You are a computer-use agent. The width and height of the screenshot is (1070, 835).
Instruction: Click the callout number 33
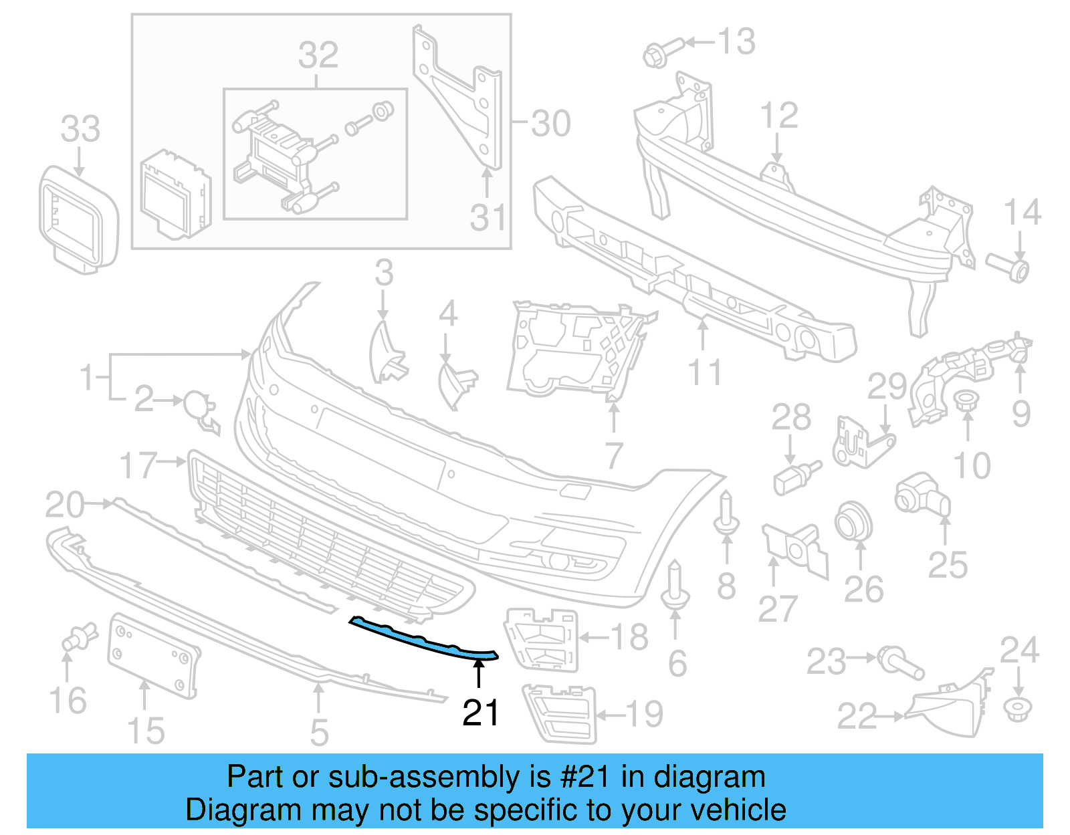click(80, 129)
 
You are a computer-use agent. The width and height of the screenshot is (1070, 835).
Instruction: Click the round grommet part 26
click(853, 521)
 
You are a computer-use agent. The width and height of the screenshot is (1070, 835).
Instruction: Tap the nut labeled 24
click(1017, 708)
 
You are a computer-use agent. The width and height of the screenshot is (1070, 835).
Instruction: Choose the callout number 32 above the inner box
click(318, 55)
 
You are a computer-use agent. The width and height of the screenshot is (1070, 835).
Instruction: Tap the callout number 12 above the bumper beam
click(779, 116)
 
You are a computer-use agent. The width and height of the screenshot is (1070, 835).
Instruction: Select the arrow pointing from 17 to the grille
click(174, 461)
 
